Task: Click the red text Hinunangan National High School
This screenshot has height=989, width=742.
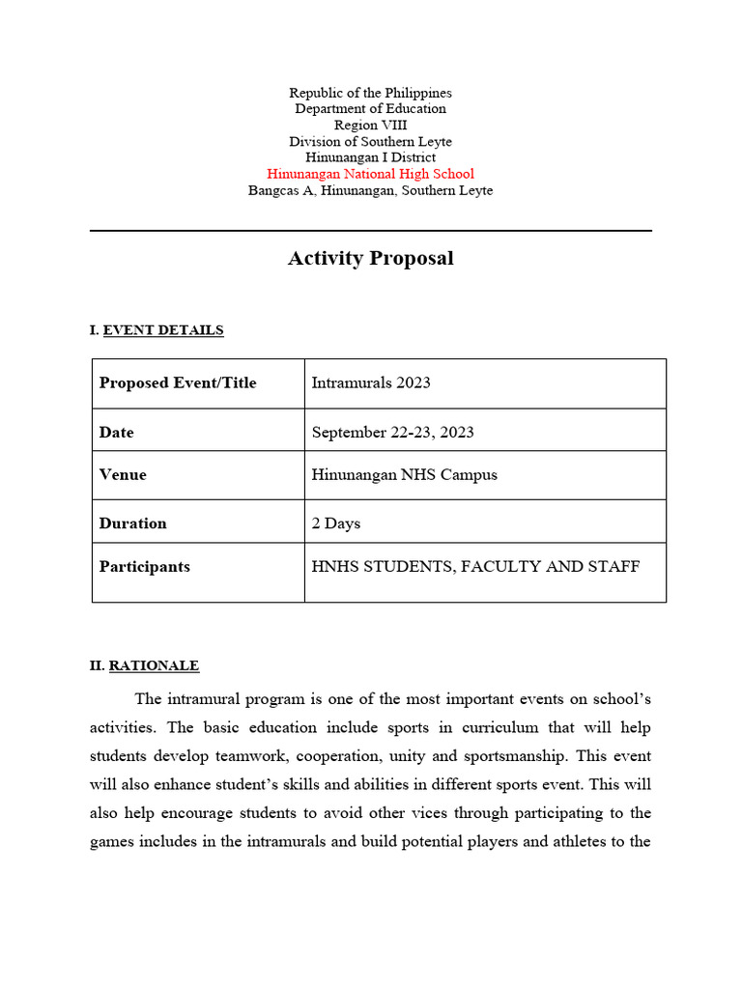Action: [x=370, y=174]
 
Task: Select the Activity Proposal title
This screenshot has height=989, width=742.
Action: [x=370, y=259]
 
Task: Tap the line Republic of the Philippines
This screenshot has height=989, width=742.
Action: [x=370, y=93]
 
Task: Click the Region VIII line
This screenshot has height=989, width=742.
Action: [x=370, y=126]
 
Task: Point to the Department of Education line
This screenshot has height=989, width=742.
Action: [x=370, y=109]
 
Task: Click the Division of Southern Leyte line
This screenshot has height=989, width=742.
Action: [x=370, y=142]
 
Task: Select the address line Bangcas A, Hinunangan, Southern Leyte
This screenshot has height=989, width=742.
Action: [x=370, y=190]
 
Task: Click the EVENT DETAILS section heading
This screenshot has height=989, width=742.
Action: [x=162, y=330]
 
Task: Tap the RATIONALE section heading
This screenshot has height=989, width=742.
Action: [x=154, y=665]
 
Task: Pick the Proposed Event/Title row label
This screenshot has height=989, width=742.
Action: [x=178, y=383]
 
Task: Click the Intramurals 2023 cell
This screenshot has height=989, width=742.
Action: [x=371, y=383]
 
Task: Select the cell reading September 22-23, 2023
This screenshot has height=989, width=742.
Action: [x=392, y=433]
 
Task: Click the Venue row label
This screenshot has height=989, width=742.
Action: [x=123, y=475]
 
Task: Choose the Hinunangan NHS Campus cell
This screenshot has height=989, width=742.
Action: [x=404, y=475]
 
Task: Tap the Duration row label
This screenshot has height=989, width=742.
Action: [x=132, y=523]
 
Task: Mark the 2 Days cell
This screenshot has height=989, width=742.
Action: [x=335, y=523]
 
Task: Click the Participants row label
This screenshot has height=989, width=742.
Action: [x=144, y=567]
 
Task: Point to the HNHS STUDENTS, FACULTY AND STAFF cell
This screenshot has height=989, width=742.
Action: [x=474, y=567]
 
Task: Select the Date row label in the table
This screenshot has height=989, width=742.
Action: [x=116, y=433]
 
